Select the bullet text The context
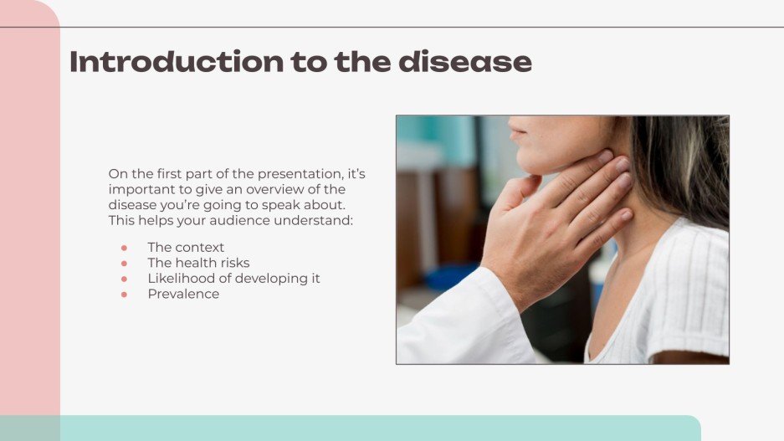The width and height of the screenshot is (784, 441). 186,248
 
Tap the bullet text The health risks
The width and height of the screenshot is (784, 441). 198,263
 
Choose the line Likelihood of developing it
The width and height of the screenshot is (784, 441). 233,279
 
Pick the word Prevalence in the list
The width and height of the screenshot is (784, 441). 183,294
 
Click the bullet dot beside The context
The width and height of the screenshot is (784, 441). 124,248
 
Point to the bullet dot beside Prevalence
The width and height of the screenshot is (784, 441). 124,295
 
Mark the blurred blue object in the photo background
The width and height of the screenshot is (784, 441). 448,277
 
